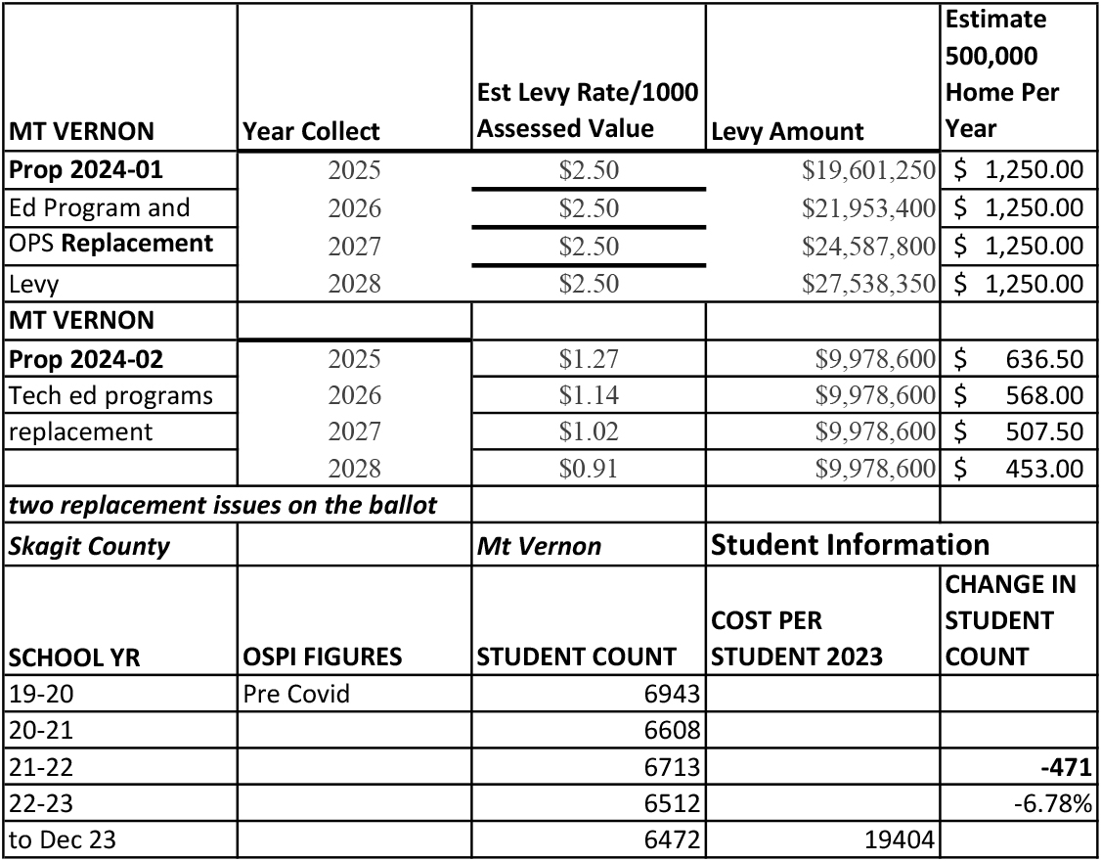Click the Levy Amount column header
point(787,132)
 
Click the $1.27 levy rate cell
point(589,359)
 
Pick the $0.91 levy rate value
point(589,469)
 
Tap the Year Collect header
point(311,132)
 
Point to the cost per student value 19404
point(900,840)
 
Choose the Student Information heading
point(850,544)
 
